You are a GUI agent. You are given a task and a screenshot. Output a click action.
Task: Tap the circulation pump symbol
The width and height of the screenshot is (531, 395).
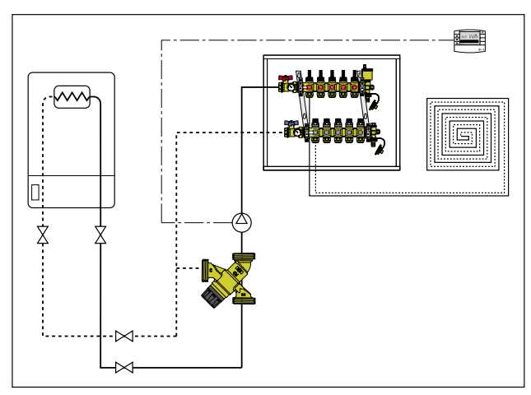pos(241,221)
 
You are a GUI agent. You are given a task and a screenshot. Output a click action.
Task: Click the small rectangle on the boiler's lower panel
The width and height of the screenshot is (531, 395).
pos(35,193)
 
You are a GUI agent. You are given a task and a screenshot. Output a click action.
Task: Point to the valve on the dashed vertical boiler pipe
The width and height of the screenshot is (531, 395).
pos(43,236)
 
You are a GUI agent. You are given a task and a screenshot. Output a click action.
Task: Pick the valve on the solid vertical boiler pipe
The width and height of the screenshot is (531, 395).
pos(100,236)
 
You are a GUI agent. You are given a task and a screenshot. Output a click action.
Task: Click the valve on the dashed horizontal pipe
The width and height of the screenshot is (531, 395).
pos(125,336)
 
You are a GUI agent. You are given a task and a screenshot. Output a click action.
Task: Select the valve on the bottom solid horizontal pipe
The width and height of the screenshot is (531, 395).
pos(125,367)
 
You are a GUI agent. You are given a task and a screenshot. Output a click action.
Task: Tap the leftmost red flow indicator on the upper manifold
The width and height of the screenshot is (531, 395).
pos(310,85)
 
